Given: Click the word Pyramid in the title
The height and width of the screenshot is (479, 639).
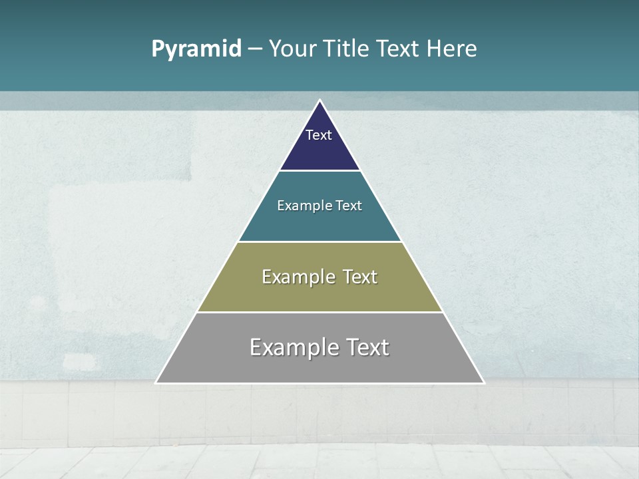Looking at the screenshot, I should (196, 49).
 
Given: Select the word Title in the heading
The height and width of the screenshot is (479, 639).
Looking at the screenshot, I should (346, 49).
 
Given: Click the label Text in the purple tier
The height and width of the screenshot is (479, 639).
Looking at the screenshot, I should (319, 135).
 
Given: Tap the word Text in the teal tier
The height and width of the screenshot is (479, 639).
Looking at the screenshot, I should (349, 206).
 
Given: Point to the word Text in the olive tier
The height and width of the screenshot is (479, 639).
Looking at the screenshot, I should (361, 277).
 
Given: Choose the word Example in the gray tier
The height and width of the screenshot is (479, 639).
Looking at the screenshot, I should (293, 347).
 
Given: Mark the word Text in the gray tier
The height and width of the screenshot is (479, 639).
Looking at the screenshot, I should (367, 347).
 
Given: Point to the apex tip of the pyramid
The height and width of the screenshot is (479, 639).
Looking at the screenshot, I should (319, 101).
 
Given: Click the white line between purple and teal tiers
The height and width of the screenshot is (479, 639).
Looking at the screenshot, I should (319, 171).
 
